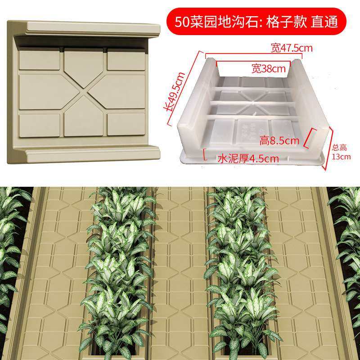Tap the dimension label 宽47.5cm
click(x=292, y=47)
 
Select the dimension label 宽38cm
click(x=269, y=69)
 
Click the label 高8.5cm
click(x=279, y=141)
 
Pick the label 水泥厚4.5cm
click(x=247, y=158)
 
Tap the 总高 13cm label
click(x=341, y=152)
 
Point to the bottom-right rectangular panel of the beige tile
click(x=126, y=124)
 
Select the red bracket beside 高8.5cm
click(x=309, y=139)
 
